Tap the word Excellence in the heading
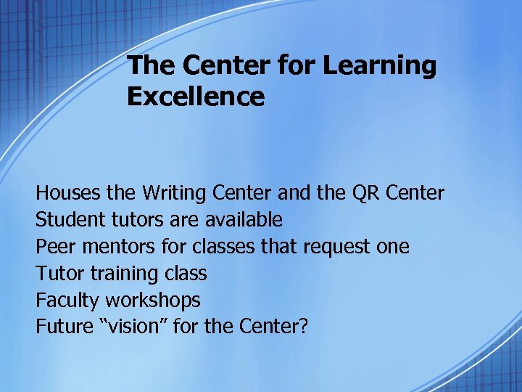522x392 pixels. point(196,97)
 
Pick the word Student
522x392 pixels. point(67,220)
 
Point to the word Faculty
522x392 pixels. point(67,300)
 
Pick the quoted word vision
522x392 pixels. point(137,327)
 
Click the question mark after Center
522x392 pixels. point(303,327)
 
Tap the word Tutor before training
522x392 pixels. point(59,274)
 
